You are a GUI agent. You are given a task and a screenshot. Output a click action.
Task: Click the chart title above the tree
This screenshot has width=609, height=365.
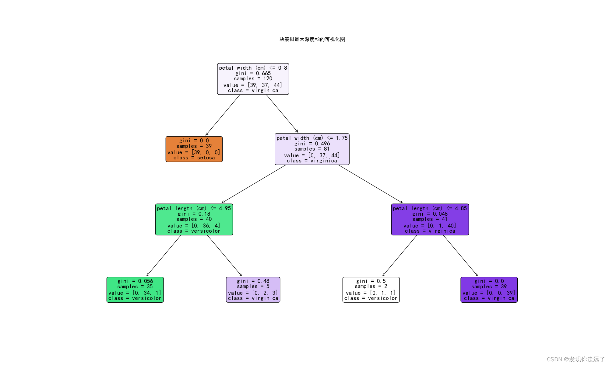312,39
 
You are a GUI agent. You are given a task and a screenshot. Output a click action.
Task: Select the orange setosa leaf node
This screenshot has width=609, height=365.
194,149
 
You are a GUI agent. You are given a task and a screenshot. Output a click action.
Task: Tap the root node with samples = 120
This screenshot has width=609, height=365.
253,79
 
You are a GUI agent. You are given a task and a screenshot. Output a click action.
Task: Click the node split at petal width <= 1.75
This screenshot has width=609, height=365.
312,149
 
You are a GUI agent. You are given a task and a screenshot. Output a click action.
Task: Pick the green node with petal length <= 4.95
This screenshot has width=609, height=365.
194,219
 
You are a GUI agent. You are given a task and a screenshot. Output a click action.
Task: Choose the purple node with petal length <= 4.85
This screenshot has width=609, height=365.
430,219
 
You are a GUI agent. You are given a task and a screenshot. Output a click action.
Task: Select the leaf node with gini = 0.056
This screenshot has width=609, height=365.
135,290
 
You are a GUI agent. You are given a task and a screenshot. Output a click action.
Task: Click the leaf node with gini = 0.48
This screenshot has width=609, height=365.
253,290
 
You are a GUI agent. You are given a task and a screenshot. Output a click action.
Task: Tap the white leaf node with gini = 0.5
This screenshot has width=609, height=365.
371,290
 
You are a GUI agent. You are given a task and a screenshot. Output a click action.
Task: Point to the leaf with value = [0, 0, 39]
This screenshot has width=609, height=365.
489,290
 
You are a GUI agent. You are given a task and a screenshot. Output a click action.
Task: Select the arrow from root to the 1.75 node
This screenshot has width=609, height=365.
282,114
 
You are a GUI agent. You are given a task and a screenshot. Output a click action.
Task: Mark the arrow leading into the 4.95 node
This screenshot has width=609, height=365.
254,184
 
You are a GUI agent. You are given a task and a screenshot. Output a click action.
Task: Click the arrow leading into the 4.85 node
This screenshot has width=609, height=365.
371,184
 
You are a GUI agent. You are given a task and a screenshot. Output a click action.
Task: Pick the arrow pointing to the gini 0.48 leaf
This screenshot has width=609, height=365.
225,256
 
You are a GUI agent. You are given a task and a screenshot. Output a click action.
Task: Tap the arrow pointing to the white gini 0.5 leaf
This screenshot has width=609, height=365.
400,256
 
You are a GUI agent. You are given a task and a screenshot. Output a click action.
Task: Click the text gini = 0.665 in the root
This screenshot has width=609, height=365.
253,73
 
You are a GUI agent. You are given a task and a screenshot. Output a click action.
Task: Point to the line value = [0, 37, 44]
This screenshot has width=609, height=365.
312,155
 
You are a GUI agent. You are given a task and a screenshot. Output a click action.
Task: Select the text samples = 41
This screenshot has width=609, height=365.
430,219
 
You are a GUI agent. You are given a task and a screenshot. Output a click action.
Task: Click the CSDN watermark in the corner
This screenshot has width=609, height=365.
576,359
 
